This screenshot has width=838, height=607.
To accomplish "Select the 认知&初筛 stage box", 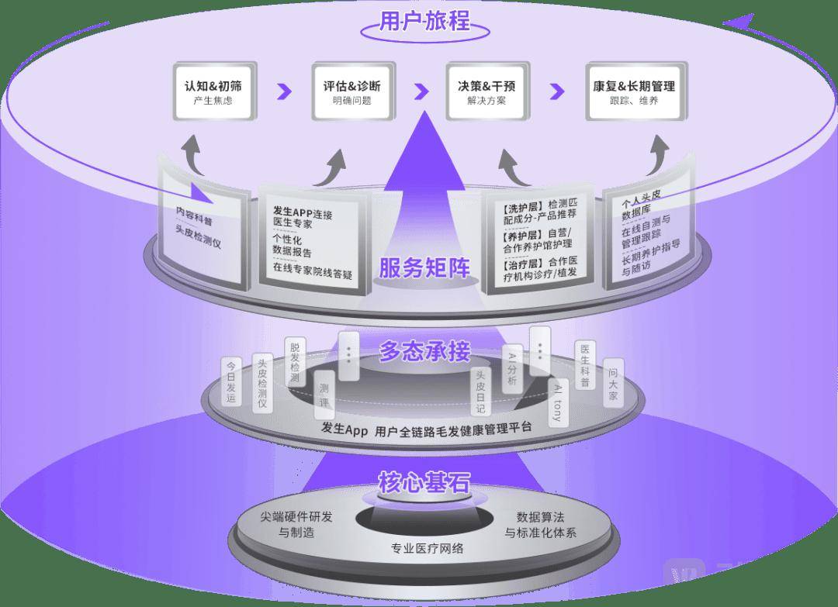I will pyautogui.click(x=213, y=91).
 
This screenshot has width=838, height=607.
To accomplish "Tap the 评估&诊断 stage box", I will pyautogui.click(x=351, y=91).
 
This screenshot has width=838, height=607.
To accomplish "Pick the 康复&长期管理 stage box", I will pyautogui.click(x=633, y=91).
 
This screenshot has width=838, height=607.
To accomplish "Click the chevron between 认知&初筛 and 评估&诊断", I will pyautogui.click(x=284, y=91).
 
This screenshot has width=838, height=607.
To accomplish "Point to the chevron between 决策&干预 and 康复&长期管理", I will pyautogui.click(x=556, y=91).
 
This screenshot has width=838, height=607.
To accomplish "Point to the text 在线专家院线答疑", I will pyautogui.click(x=313, y=272).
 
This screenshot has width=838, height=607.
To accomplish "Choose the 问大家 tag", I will pyautogui.click(x=612, y=385).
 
